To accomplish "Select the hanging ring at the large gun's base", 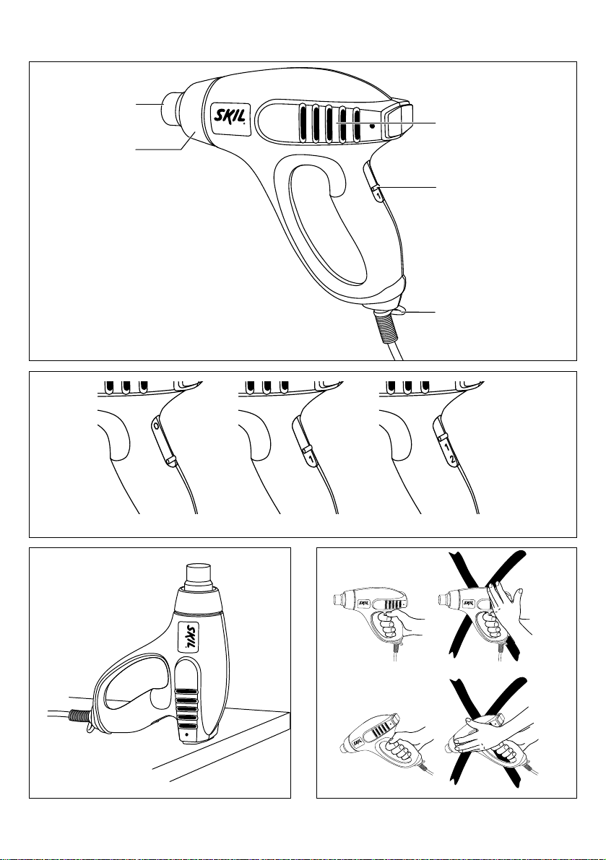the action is (398, 311).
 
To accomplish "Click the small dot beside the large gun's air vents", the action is (372, 126).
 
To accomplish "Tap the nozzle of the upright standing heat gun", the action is (199, 576).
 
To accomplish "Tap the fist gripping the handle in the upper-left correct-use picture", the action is (389, 628).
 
